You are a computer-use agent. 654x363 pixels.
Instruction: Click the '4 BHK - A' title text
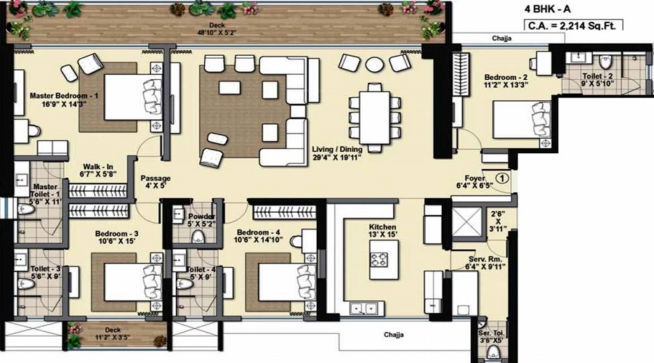click(x=548, y=10)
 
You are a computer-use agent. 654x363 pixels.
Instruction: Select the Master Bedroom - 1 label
click(x=64, y=100)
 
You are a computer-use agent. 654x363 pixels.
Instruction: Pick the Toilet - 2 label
click(x=601, y=77)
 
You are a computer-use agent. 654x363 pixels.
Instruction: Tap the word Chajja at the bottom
click(x=395, y=335)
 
